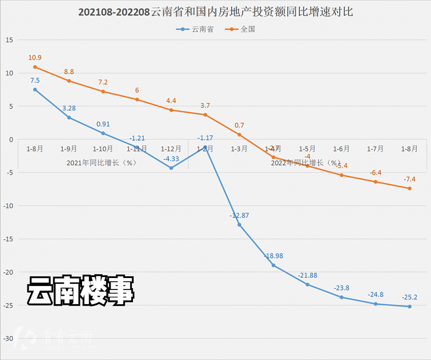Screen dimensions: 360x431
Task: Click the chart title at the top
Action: pos(215,11)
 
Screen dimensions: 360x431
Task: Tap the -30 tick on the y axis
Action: pos(8,338)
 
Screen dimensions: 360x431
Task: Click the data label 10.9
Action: pos(35,57)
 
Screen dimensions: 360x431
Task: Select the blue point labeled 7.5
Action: pos(35,89)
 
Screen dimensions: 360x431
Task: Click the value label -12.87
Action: pos(239,215)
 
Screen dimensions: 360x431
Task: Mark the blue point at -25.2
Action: pos(409,306)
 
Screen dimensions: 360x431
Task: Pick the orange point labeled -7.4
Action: pos(409,188)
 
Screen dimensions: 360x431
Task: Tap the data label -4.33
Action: pos(171,158)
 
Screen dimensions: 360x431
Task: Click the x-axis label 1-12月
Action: pos(171,149)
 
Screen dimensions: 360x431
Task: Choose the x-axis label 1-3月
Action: pos(239,149)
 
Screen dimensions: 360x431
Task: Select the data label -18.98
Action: pos(274,256)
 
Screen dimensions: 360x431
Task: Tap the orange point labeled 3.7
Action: pos(205,115)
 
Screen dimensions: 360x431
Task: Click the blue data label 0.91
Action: pos(103,124)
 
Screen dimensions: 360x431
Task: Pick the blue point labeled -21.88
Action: pos(308,284)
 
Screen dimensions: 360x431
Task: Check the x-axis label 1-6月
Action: pos(342,149)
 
